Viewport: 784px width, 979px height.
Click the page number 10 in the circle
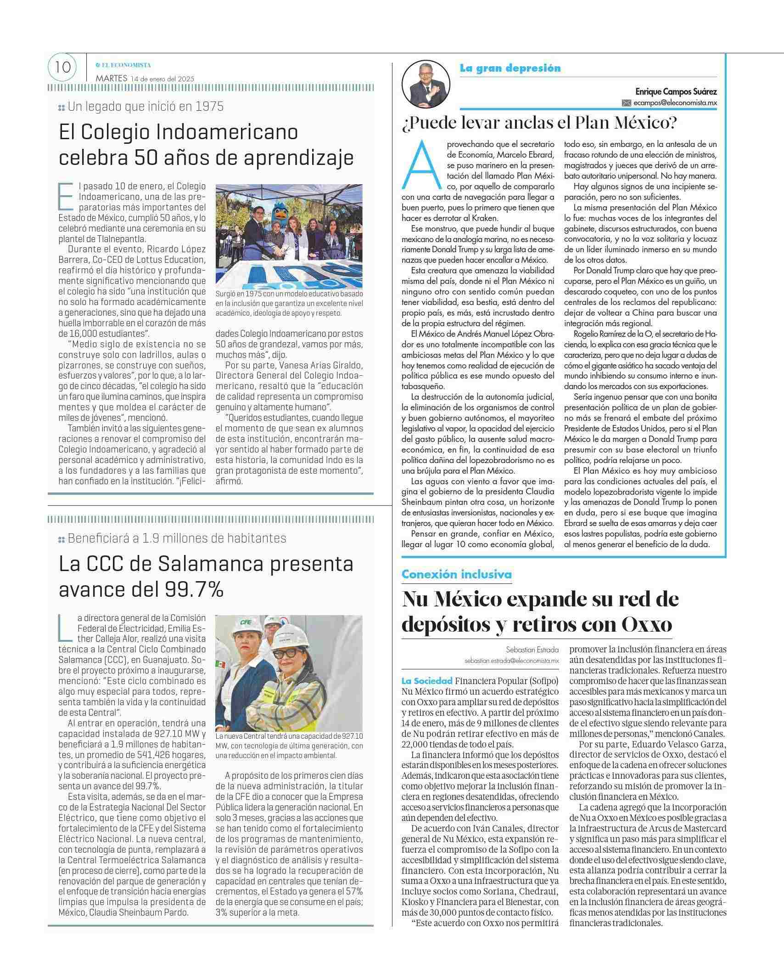tap(62, 68)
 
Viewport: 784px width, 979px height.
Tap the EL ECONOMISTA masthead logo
tap(123, 65)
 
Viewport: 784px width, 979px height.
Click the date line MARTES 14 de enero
tap(145, 79)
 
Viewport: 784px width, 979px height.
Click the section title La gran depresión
tap(510, 68)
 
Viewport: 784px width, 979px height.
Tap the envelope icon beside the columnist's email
tap(627, 103)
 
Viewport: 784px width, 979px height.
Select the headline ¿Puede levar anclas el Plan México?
tap(540, 123)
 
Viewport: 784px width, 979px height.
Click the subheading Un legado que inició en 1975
tap(146, 107)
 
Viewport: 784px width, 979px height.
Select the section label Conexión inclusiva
tap(456, 574)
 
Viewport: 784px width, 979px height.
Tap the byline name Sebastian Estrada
tap(532, 650)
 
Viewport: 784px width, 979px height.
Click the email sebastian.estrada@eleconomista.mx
tap(511, 661)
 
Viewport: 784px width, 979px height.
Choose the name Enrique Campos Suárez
tap(676, 92)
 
